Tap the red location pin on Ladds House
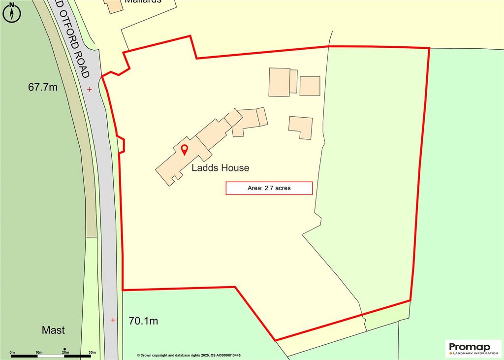point(185,150)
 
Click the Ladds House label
point(220,168)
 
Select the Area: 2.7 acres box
point(269,188)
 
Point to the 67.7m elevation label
point(43,88)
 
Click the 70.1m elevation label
point(143,322)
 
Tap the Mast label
point(53,330)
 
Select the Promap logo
point(470,347)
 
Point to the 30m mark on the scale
point(92,352)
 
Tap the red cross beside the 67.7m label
point(89,89)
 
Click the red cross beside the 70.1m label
point(113,320)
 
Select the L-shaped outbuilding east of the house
point(301,127)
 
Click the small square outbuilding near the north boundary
point(310,86)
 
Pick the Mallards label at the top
point(143,1)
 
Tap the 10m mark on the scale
point(39,352)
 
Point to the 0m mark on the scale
point(12,352)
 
